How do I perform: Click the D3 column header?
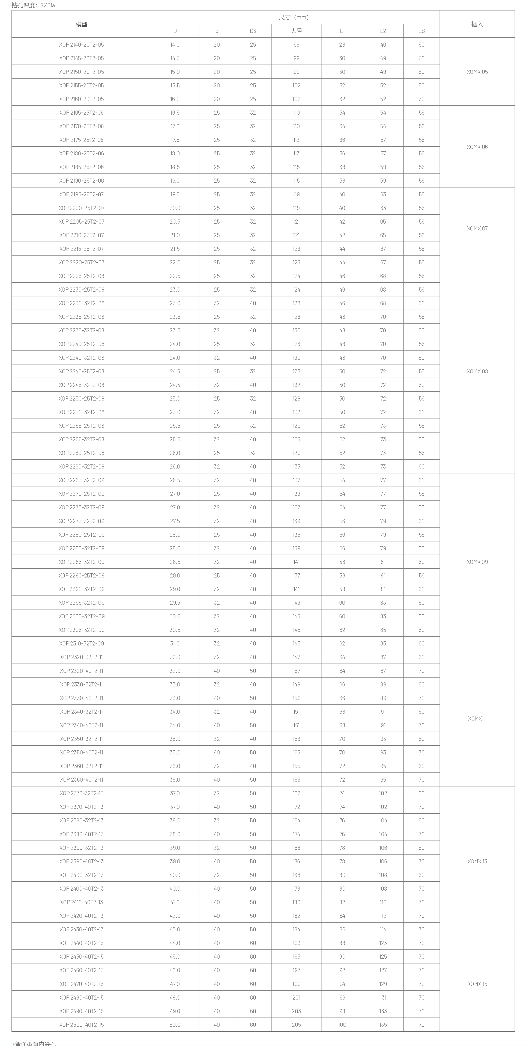(253, 31)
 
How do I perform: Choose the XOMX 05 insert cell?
(477, 72)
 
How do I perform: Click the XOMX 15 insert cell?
(477, 984)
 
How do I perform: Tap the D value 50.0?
(175, 1025)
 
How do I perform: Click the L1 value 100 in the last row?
(342, 1025)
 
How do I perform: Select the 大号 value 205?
(296, 1025)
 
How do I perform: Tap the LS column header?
(421, 31)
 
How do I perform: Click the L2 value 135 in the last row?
(383, 1025)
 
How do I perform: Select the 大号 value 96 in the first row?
(296, 45)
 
